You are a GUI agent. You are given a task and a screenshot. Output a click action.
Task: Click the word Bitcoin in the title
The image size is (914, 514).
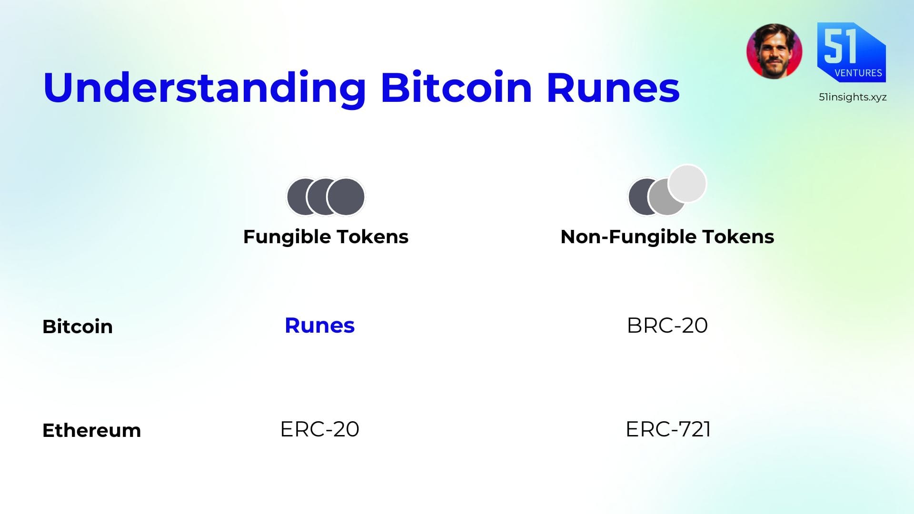pyautogui.click(x=457, y=87)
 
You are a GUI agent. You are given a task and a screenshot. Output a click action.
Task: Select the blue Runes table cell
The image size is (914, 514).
pyautogui.click(x=319, y=326)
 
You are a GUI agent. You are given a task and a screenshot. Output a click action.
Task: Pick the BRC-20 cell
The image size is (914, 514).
pyautogui.click(x=667, y=326)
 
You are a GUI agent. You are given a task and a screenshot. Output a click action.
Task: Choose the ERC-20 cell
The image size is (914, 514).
pyautogui.click(x=319, y=429)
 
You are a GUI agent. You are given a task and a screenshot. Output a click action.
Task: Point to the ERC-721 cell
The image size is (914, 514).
pyautogui.click(x=668, y=429)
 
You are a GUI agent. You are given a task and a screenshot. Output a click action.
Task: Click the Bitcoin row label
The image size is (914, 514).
pyautogui.click(x=78, y=326)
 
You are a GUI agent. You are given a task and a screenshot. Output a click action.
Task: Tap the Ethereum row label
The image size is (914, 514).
pyautogui.click(x=92, y=430)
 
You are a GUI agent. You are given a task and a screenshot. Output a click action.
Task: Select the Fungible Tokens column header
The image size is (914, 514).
pyautogui.click(x=326, y=237)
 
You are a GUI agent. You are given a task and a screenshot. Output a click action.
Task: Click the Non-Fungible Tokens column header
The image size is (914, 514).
pyautogui.click(x=667, y=237)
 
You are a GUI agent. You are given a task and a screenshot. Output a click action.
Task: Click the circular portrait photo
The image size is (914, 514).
pyautogui.click(x=774, y=51)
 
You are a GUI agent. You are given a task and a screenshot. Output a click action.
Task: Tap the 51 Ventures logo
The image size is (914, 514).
pyautogui.click(x=851, y=52)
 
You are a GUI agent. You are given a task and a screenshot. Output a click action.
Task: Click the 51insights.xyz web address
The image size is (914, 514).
pyautogui.click(x=853, y=97)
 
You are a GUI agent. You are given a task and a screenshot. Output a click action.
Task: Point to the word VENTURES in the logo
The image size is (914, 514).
pyautogui.click(x=858, y=73)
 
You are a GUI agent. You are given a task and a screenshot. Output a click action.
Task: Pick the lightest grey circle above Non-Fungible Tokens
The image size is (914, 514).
pyautogui.click(x=687, y=184)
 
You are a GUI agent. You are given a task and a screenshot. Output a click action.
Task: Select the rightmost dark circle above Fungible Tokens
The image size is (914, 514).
pyautogui.click(x=346, y=197)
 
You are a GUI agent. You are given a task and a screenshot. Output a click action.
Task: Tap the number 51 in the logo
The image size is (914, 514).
pyautogui.click(x=840, y=45)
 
